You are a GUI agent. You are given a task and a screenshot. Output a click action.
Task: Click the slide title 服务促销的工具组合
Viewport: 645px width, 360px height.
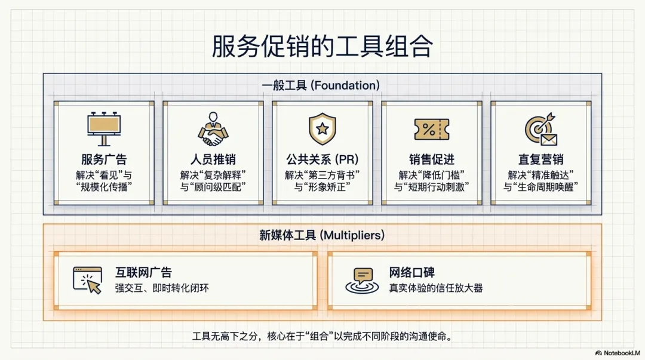pyautogui.click(x=322, y=45)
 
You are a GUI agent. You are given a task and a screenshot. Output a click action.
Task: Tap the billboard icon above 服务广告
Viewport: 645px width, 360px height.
pyautogui.click(x=104, y=129)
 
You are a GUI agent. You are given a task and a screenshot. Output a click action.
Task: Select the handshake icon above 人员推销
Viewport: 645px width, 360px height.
pyautogui.click(x=213, y=129)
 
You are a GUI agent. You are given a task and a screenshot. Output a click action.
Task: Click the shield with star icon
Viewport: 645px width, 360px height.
pyautogui.click(x=322, y=129)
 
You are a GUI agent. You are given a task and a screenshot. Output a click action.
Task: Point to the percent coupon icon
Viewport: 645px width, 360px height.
pyautogui.click(x=432, y=129)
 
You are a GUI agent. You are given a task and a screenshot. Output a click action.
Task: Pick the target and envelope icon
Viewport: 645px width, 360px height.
pyautogui.click(x=541, y=129)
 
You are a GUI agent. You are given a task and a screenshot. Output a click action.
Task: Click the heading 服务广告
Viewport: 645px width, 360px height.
pyautogui.click(x=104, y=159)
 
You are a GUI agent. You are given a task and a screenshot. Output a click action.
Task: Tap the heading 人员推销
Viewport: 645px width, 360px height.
pyautogui.click(x=213, y=159)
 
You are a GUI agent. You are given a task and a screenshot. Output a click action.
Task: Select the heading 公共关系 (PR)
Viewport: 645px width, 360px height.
pyautogui.click(x=322, y=159)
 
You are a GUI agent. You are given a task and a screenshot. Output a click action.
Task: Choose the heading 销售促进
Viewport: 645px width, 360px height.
pyautogui.click(x=432, y=159)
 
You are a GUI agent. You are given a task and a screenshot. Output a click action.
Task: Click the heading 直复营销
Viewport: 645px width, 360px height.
pyautogui.click(x=541, y=159)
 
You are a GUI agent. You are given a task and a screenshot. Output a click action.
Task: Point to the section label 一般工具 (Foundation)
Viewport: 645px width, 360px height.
pyautogui.click(x=321, y=85)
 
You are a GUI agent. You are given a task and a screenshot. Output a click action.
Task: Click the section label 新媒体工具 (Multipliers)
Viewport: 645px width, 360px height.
pyautogui.click(x=322, y=235)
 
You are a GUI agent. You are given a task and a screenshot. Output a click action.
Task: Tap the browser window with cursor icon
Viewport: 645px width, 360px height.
pyautogui.click(x=87, y=280)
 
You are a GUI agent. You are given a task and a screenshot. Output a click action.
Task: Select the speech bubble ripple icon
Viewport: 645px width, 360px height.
pyautogui.click(x=362, y=281)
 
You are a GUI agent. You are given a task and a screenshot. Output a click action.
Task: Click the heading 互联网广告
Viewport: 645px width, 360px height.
pyautogui.click(x=143, y=272)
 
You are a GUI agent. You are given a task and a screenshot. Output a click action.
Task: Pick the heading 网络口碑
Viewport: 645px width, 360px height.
pyautogui.click(x=411, y=272)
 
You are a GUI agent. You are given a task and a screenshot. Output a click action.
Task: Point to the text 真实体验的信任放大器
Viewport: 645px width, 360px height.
pyautogui.click(x=436, y=288)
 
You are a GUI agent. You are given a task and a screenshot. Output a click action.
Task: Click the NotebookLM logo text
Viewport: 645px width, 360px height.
pyautogui.click(x=618, y=353)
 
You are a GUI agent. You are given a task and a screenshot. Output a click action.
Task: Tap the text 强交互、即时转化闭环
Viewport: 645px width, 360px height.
pyautogui.click(x=162, y=288)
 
